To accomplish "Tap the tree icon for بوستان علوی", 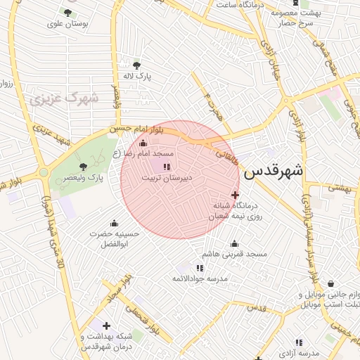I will [67, 13].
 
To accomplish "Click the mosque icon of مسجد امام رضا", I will [143, 143].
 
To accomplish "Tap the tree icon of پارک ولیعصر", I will [84, 167].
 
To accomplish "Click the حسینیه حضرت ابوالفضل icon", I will [114, 224].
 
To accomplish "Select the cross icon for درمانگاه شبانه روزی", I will [235, 195].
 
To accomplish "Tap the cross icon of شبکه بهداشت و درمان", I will [106, 326].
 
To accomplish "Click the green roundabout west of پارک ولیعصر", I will [44, 172].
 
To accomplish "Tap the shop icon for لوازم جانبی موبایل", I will [330, 283].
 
